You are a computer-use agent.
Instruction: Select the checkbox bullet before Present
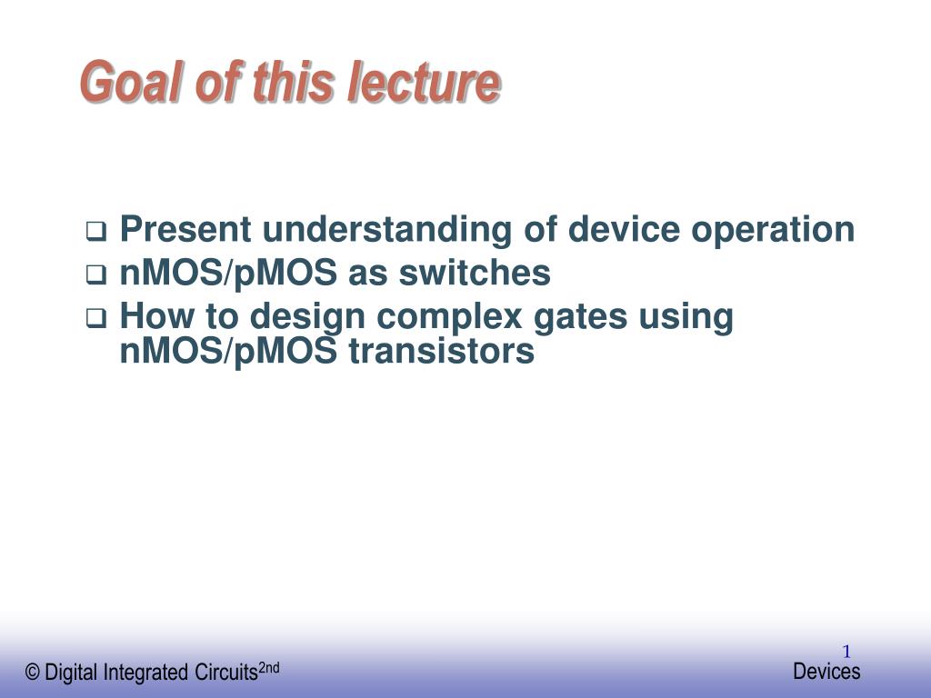pyautogui.click(x=96, y=231)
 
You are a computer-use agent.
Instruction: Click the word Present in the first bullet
pyautogui.click(x=185, y=229)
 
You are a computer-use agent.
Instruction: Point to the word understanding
pyautogui.click(x=386, y=230)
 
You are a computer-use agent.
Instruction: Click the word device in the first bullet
pyautogui.click(x=624, y=229)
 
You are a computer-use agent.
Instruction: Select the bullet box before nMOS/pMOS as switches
pyautogui.click(x=96, y=274)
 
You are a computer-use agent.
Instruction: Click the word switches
pyautogui.click(x=475, y=273)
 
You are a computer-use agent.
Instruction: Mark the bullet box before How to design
pyautogui.click(x=96, y=318)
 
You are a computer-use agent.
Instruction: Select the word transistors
pyautogui.click(x=441, y=352)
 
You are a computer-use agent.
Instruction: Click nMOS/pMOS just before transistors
pyautogui.click(x=228, y=352)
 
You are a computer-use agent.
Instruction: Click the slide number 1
pyautogui.click(x=846, y=652)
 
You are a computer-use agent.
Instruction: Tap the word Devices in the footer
pyautogui.click(x=826, y=672)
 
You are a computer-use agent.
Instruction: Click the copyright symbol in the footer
pyautogui.click(x=33, y=673)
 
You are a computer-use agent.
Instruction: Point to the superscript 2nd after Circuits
pyautogui.click(x=269, y=668)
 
